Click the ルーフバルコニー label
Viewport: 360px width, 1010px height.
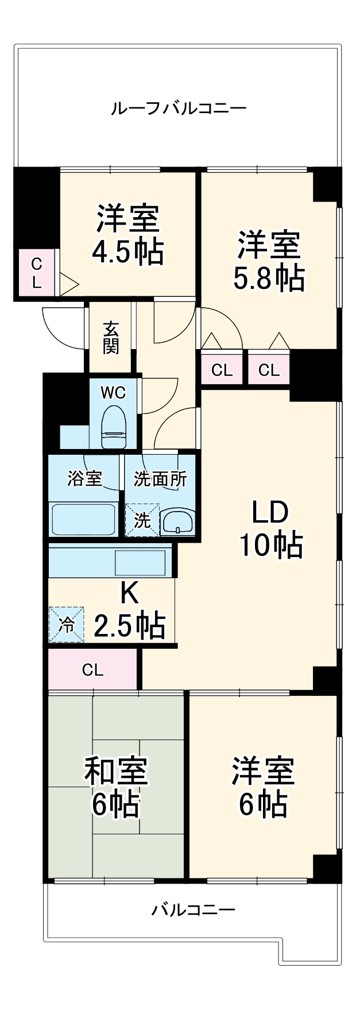point(179,108)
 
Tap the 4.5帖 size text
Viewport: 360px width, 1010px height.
point(128,251)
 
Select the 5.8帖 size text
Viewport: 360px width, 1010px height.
point(268,278)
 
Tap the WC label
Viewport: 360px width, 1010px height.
point(113,393)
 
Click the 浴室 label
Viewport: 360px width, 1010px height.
point(84,478)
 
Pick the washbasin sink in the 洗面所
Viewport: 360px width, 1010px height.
point(177,522)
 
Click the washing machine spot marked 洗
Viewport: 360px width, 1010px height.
point(142,520)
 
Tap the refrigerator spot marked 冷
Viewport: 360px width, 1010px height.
point(67,624)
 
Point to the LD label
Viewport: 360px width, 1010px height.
point(270,512)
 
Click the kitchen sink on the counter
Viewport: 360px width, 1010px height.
point(140,562)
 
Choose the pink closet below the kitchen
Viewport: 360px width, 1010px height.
point(92,670)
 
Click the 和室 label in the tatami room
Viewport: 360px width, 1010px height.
point(116,771)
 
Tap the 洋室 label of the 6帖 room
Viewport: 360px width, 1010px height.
point(263,771)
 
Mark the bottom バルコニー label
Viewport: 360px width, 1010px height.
point(193,910)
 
